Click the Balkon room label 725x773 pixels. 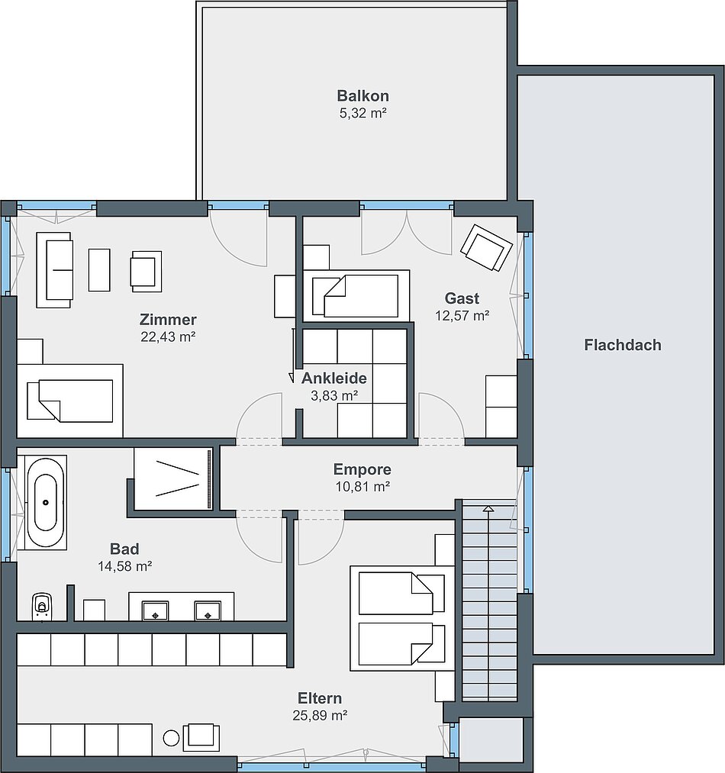pyautogui.click(x=362, y=95)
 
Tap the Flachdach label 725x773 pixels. pyautogui.click(x=623, y=345)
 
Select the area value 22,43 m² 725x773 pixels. pyautogui.click(x=168, y=337)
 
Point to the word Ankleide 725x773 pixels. pyautogui.click(x=334, y=378)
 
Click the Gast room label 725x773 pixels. pyautogui.click(x=462, y=298)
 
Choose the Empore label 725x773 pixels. pyautogui.click(x=362, y=469)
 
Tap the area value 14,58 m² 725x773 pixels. pyautogui.click(x=125, y=566)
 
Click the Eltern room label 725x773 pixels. pyautogui.click(x=320, y=698)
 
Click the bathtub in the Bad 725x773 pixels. pyautogui.click(x=45, y=502)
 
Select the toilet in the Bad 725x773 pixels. pyautogui.click(x=42, y=606)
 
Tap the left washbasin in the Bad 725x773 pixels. pyautogui.click(x=156, y=610)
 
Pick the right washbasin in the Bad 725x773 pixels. pyautogui.click(x=208, y=610)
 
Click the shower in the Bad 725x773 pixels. pyautogui.click(x=173, y=478)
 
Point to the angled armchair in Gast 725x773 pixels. pyautogui.click(x=486, y=247)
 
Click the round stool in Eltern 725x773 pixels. pyautogui.click(x=172, y=738)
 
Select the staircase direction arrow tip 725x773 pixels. pyautogui.click(x=488, y=507)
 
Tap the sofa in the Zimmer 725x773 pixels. pyautogui.click(x=54, y=270)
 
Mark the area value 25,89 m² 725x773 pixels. pyautogui.click(x=320, y=715)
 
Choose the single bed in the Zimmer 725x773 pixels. pyautogui.click(x=70, y=401)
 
